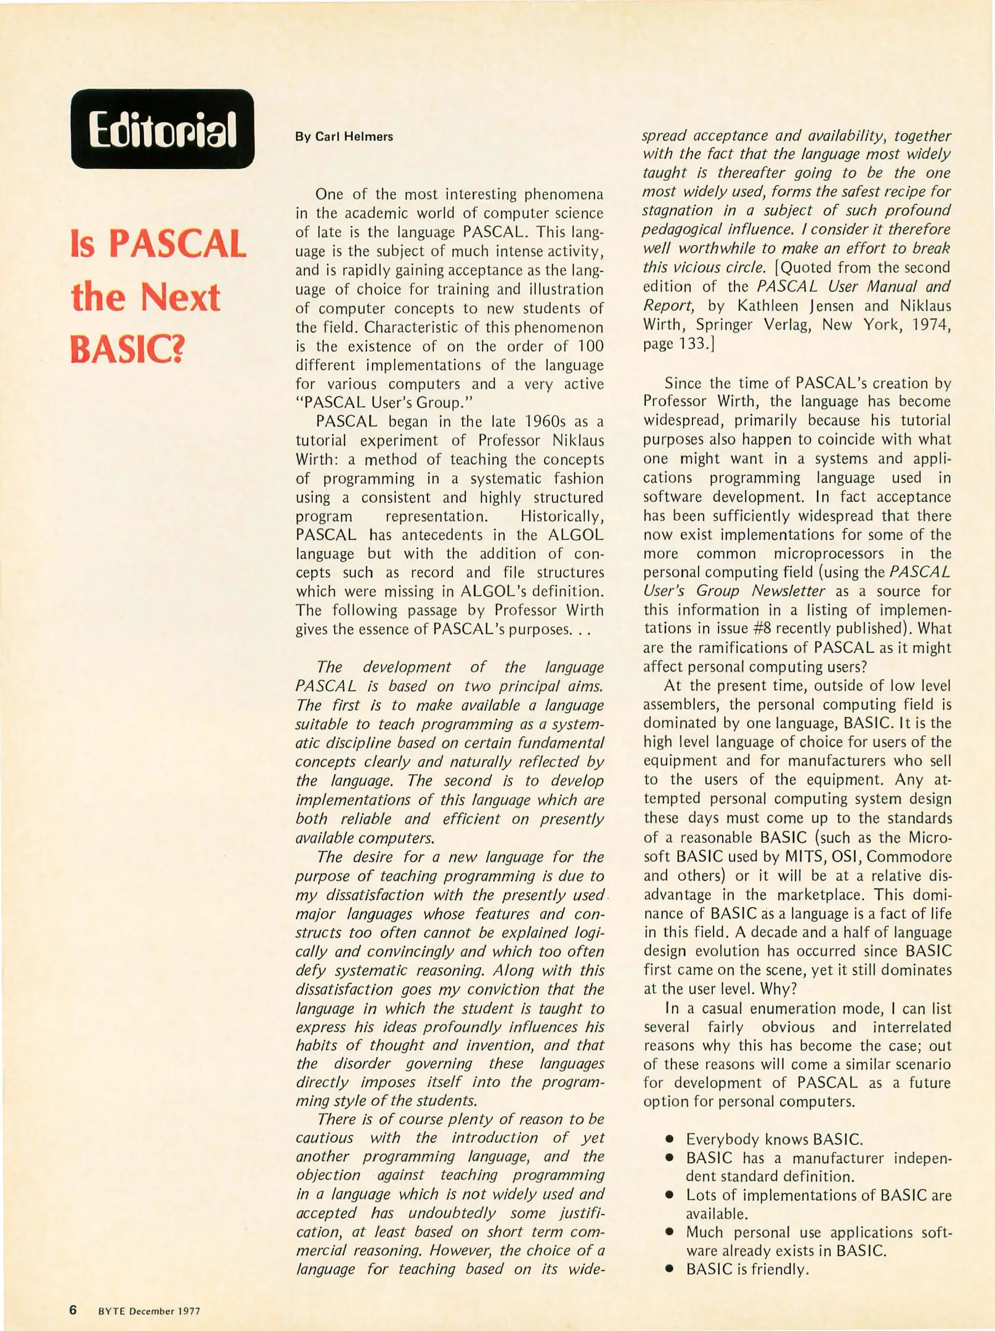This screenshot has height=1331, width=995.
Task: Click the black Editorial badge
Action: (163, 129)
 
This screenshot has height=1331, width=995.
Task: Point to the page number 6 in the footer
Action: (73, 1310)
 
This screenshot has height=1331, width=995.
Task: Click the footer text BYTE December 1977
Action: (149, 1311)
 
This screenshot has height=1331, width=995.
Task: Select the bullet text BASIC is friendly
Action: (747, 1269)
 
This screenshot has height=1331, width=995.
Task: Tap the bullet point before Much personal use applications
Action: (668, 1232)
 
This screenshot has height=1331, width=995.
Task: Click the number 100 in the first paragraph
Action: (590, 346)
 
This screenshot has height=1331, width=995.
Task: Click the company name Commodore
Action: (909, 857)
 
